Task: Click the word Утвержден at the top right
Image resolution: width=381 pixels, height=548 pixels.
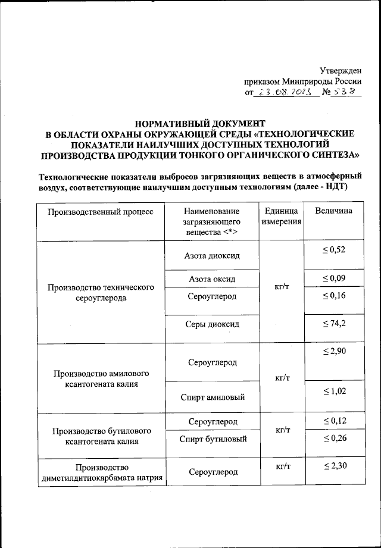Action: click(341, 70)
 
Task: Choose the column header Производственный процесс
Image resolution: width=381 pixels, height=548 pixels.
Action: click(101, 211)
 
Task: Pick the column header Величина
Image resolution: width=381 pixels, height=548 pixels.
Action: click(333, 211)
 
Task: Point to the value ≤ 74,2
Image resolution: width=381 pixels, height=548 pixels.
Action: click(333, 323)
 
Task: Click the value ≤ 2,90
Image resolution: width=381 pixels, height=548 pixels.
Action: click(333, 353)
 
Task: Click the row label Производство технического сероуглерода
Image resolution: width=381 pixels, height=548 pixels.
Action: click(101, 293)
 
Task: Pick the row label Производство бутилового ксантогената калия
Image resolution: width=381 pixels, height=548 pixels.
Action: click(101, 436)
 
